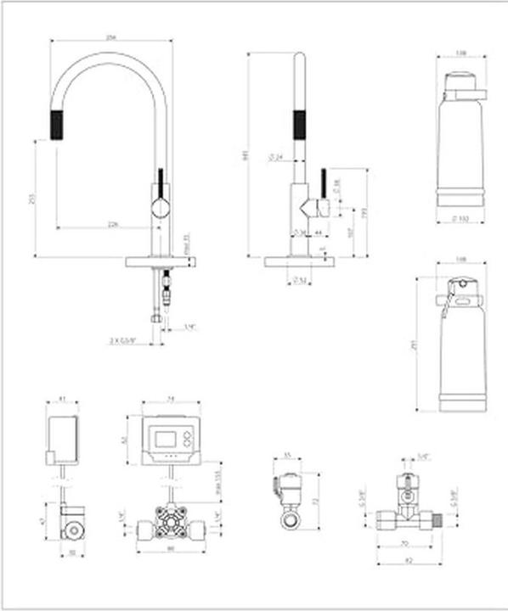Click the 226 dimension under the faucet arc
point(112,224)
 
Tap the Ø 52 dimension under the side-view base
point(299,280)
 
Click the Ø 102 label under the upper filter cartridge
point(460,219)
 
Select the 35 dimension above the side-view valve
point(287,457)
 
